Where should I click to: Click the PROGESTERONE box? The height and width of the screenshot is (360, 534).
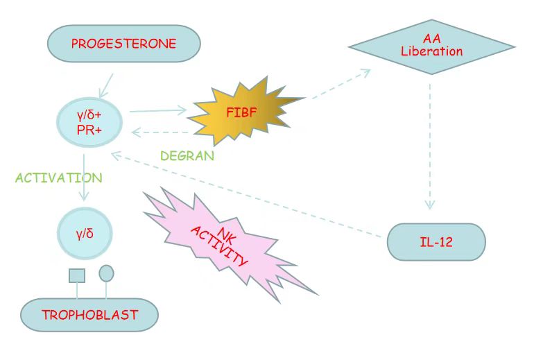click(123, 44)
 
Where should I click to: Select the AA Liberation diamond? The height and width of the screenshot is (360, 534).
click(431, 46)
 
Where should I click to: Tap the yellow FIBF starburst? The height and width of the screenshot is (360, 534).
click(243, 110)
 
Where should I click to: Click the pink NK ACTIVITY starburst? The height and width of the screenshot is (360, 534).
click(221, 246)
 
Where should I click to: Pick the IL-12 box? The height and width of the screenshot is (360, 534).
click(436, 242)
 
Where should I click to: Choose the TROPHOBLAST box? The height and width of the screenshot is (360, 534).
click(89, 315)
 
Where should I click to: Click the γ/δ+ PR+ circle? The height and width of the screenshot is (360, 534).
click(89, 121)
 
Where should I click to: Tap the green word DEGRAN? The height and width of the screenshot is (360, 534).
click(187, 156)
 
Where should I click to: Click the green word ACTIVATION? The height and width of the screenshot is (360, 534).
click(58, 178)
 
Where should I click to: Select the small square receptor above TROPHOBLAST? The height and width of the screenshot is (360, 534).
click(77, 275)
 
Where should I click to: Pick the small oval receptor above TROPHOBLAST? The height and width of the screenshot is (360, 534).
click(106, 273)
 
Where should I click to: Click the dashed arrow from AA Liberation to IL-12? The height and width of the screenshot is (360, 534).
click(430, 146)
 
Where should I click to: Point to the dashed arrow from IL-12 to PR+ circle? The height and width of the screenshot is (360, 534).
click(250, 196)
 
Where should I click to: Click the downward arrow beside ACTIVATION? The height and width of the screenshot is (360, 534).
click(84, 178)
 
